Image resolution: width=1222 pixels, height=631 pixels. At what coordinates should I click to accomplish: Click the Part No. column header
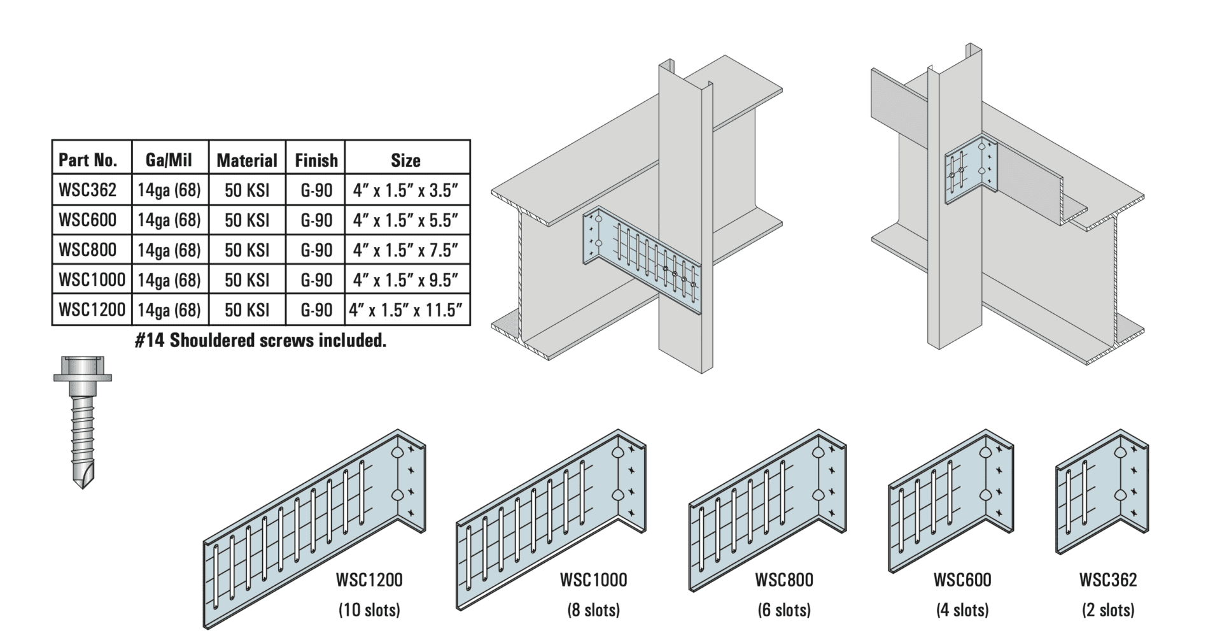click(88, 160)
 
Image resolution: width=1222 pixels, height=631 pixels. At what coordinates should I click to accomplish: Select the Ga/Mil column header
click(169, 160)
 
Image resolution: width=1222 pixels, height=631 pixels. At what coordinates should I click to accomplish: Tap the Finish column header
click(316, 160)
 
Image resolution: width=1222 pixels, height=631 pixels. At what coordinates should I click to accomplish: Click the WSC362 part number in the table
click(88, 190)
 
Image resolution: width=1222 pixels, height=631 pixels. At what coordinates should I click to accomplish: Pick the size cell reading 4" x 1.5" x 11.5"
click(405, 310)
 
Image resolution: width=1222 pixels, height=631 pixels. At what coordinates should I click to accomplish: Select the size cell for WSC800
click(405, 250)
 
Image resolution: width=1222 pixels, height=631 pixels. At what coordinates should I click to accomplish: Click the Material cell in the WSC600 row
click(247, 220)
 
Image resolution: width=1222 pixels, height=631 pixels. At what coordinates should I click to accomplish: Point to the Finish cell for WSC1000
click(316, 280)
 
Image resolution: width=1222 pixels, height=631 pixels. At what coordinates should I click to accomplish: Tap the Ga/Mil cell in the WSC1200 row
click(169, 310)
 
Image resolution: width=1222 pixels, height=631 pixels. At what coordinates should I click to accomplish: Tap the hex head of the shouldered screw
click(81, 367)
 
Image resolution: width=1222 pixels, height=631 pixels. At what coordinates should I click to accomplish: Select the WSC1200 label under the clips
click(369, 580)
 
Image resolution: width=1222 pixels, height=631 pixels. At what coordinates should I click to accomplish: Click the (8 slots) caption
click(593, 610)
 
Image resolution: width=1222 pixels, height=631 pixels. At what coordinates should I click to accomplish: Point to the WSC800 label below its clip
click(784, 580)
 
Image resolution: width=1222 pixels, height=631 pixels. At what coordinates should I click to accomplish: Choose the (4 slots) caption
click(962, 610)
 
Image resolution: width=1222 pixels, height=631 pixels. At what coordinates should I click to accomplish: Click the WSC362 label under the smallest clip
click(1108, 580)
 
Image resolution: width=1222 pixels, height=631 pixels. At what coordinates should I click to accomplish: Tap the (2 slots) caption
click(1108, 610)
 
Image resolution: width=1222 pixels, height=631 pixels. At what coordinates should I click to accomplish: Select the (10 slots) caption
click(369, 610)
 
